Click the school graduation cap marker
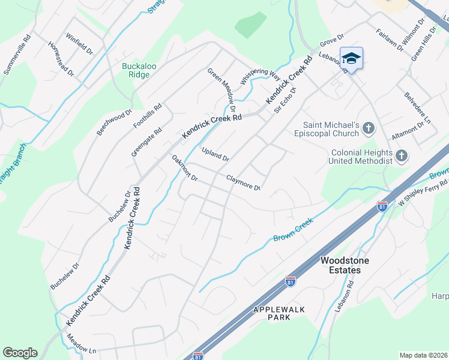coord(351,59)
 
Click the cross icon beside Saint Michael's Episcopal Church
coord(369,127)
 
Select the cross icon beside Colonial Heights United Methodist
coord(402,157)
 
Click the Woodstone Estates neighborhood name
coord(345,265)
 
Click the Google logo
coord(20,353)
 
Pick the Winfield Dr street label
coord(79,44)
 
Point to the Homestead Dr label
coord(61,58)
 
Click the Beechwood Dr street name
coord(114,122)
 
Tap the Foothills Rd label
coord(148,116)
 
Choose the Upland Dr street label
coord(215,154)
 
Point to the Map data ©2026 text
coord(423,355)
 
